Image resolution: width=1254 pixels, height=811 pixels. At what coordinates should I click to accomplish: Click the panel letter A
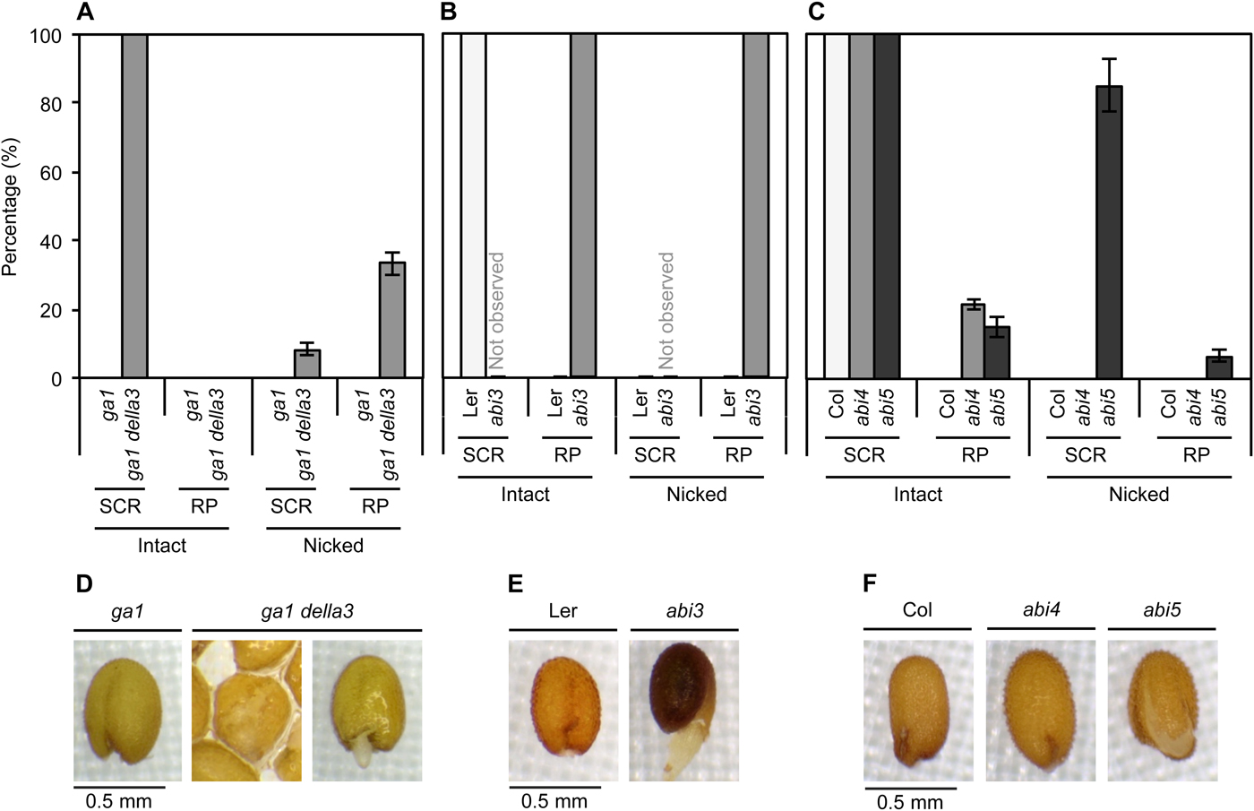coord(85,12)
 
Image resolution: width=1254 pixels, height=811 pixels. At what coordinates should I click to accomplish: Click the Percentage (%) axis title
coord(11,207)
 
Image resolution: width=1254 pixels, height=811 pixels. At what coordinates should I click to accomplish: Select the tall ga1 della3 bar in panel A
coord(134,206)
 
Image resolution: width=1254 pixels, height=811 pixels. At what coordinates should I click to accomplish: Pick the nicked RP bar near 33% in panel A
coord(392,320)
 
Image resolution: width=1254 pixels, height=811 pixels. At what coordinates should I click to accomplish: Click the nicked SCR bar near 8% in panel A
coord(307,364)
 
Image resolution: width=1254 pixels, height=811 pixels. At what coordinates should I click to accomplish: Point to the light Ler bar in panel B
coord(474,206)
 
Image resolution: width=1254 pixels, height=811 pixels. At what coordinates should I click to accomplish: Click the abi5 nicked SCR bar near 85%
coord(1109,232)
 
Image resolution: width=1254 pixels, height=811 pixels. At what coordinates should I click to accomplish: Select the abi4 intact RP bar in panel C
coord(973,341)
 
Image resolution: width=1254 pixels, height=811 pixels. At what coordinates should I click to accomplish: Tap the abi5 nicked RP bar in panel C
coord(1219,367)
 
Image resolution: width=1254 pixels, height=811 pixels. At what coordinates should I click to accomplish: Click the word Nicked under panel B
coord(696,495)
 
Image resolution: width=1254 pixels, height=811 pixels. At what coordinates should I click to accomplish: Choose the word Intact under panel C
coord(917,495)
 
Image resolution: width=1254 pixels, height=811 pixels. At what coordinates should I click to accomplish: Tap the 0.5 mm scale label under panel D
coord(118,800)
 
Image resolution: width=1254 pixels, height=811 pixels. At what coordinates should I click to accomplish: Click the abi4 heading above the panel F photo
coord(1041,610)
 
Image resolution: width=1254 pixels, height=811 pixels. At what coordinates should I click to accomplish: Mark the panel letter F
coord(870,583)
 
